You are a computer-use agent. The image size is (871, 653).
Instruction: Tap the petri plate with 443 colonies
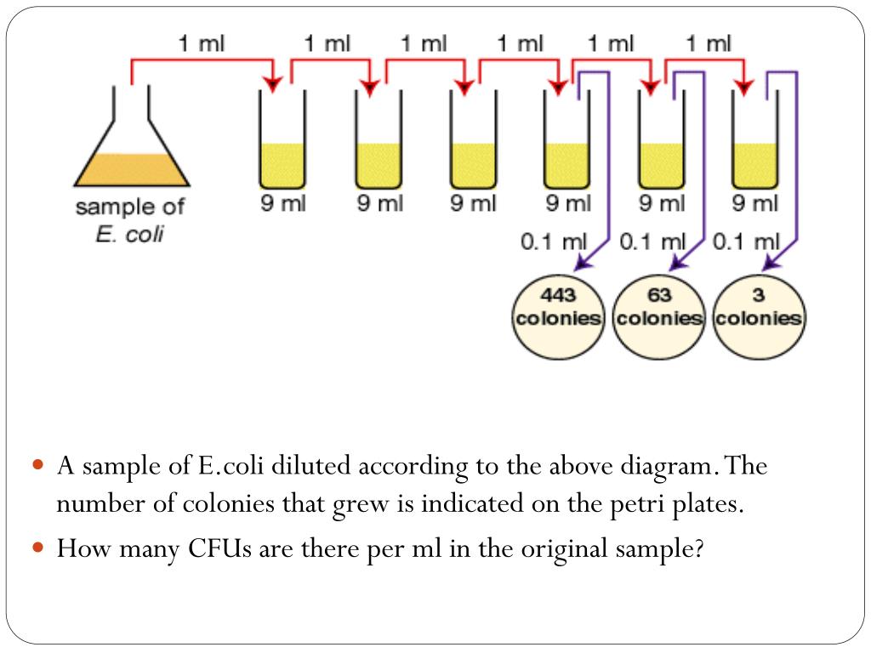point(557,319)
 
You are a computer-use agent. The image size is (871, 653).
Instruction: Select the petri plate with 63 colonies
point(659,319)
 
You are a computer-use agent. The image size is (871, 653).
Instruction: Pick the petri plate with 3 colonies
point(757,319)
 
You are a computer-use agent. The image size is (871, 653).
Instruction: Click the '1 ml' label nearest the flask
point(202,44)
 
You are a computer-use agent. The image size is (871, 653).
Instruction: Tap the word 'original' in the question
point(566,548)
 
